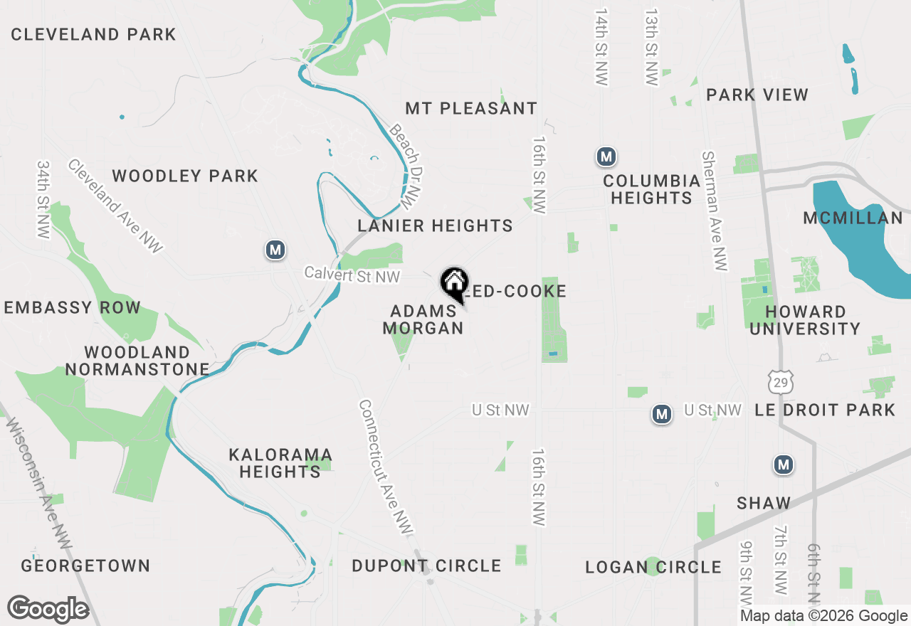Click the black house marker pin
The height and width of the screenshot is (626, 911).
(x=454, y=283)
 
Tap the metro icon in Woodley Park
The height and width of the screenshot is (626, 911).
(x=275, y=250)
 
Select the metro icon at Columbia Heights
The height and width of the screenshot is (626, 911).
(x=606, y=156)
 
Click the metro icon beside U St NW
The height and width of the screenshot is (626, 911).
(x=662, y=413)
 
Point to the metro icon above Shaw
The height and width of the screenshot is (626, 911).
(x=784, y=465)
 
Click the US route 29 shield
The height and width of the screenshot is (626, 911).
(x=781, y=382)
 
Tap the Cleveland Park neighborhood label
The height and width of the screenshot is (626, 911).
(x=93, y=34)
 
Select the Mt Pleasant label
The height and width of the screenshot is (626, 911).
(x=471, y=108)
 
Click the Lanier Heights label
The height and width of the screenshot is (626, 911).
(x=435, y=226)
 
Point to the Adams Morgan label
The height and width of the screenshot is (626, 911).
(x=423, y=319)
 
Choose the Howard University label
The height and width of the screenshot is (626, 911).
(x=805, y=320)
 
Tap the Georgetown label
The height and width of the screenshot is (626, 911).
(x=85, y=566)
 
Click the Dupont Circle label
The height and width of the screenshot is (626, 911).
(x=426, y=566)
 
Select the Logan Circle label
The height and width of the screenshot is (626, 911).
(x=653, y=567)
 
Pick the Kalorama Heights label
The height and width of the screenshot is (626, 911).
(x=280, y=462)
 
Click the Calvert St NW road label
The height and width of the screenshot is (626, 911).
(x=352, y=275)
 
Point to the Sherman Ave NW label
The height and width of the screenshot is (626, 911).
(x=715, y=211)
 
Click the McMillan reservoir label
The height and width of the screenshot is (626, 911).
(x=853, y=218)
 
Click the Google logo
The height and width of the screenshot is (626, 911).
(x=48, y=610)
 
